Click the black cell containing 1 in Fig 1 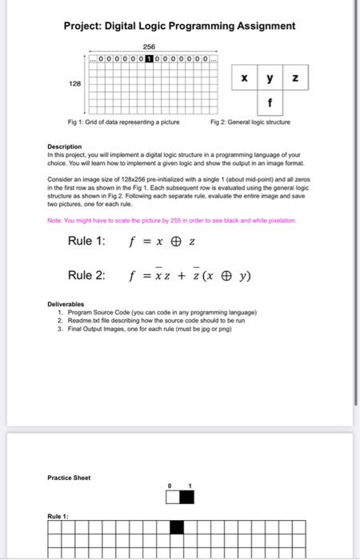pos(150,58)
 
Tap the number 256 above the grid pos(148,46)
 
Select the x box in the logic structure pos(244,79)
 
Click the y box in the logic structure pos(270,79)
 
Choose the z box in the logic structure pos(296,79)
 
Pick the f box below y pos(270,102)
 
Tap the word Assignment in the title pos(263,26)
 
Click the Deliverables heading pos(65,305)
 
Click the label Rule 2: pos(86,275)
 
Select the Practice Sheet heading pos(69,478)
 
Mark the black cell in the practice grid pos(177,526)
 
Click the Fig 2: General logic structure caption pos(250,122)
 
